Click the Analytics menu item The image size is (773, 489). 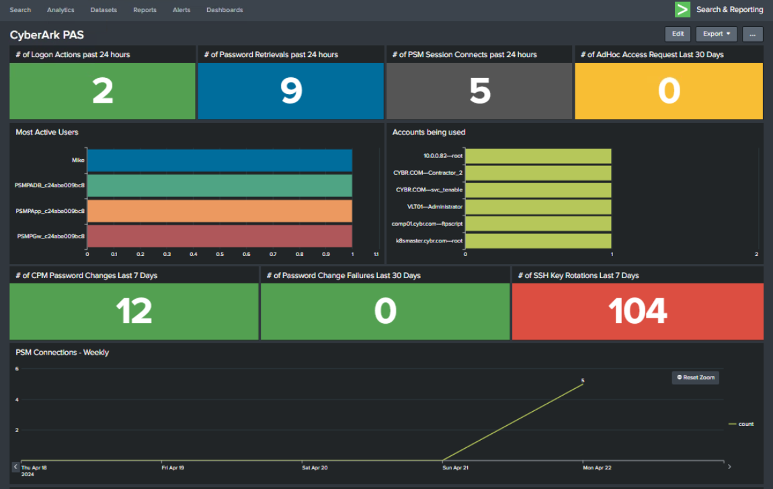60,10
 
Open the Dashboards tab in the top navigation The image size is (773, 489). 225,10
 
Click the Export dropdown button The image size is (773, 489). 716,34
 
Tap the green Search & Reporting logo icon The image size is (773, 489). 682,9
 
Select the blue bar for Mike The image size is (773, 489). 219,161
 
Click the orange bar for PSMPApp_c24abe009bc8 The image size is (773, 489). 219,211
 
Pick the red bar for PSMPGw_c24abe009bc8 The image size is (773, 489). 219,236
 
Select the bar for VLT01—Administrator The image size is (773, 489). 538,207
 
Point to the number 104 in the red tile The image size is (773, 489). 637,312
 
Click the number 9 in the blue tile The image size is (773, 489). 291,91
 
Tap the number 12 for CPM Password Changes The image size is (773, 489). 134,312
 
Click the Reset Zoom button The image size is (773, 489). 695,377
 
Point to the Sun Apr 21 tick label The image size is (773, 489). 455,468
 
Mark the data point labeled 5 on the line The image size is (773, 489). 583,386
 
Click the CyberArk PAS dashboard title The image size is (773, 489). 46,34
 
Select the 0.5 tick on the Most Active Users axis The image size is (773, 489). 220,255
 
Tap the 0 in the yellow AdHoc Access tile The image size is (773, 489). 669,91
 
